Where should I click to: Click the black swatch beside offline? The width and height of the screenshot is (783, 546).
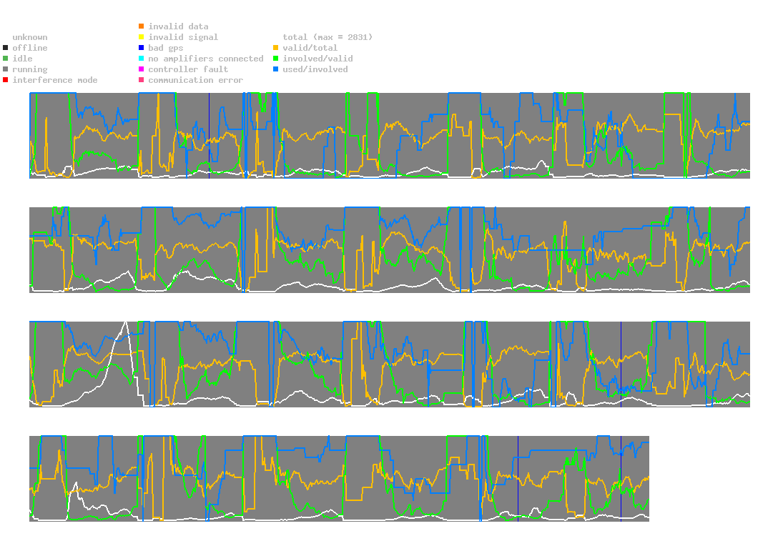tap(6, 48)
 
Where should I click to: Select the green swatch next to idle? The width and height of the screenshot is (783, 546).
tap(6, 59)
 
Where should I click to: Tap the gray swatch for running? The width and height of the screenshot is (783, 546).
tap(6, 69)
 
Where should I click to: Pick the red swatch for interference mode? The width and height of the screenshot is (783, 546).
tap(6, 80)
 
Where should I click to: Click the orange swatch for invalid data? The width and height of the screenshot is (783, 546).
tap(142, 26)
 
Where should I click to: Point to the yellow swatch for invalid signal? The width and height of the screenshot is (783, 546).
tap(142, 37)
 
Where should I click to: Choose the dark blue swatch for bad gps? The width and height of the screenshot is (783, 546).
tap(142, 48)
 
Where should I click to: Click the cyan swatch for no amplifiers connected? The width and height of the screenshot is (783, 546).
tap(142, 59)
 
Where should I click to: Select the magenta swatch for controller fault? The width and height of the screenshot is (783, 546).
tap(142, 69)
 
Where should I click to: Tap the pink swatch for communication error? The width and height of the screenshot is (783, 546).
tap(142, 80)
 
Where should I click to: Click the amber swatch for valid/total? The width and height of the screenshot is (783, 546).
tap(275, 48)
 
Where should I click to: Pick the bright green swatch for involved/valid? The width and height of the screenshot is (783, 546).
tap(275, 59)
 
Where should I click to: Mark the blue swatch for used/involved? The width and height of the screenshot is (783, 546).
tap(275, 69)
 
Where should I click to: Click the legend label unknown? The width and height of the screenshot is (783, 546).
tap(30, 37)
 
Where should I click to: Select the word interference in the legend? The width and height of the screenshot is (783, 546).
tap(42, 80)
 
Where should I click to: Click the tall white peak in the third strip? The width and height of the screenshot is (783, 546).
tap(125, 322)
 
